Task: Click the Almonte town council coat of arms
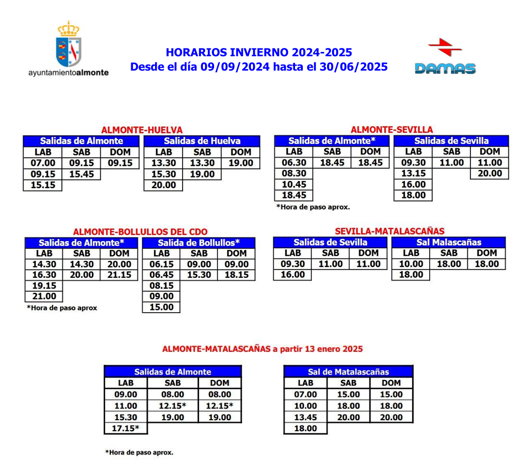point(69,44)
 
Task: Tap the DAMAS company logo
point(445,57)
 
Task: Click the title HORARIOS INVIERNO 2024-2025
point(259,53)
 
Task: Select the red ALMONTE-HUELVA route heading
point(142,130)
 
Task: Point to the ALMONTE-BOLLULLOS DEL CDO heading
point(141,232)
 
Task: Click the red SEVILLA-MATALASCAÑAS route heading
point(389,231)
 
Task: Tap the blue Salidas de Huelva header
point(202,141)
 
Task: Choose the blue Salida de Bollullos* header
point(199,243)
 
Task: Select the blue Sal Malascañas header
point(448,242)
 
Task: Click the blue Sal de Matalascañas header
point(348,372)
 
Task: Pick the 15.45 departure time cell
point(82,174)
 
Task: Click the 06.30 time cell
point(294,163)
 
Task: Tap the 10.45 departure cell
point(294,185)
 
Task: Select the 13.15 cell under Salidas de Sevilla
point(413,174)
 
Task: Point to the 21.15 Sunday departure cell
point(120,275)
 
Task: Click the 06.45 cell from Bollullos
point(161,275)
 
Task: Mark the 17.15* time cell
point(126,428)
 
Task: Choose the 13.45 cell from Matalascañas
point(306,417)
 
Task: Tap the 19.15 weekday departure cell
point(44,286)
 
